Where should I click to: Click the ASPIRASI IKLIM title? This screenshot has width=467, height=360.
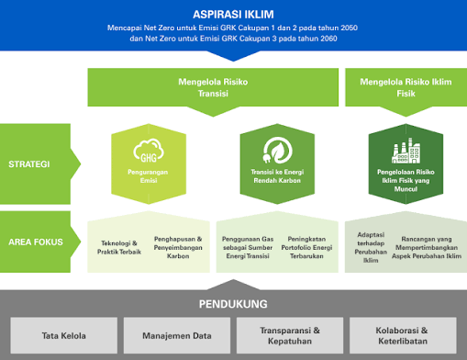click(233, 14)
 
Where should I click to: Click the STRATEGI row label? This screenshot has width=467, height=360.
click(30, 165)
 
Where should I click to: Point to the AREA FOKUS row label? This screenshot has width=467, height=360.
click(35, 242)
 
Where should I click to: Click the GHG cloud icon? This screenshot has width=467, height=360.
click(146, 149)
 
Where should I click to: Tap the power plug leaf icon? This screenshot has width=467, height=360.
click(272, 149)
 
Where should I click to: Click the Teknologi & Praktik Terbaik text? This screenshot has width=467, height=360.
click(120, 247)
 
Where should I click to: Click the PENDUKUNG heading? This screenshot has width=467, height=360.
click(233, 303)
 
